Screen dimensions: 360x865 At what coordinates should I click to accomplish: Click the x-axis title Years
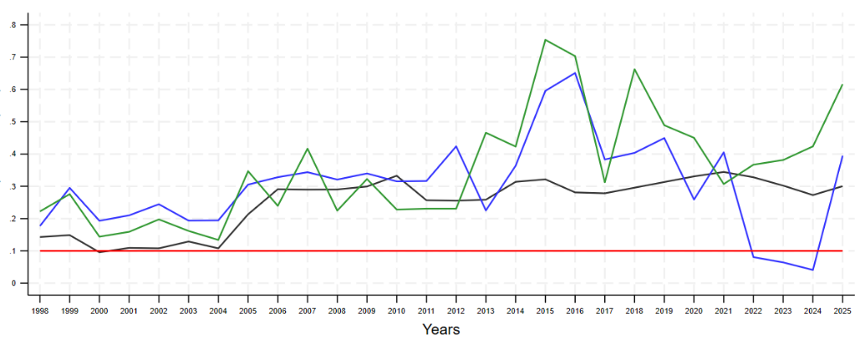coord(440,329)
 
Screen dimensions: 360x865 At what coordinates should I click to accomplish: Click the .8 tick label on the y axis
coord(13,25)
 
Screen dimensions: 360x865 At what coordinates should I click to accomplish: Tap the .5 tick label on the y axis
coord(13,122)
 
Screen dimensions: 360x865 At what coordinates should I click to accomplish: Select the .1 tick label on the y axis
coord(13,251)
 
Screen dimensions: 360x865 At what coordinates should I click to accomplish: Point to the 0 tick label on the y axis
coord(13,283)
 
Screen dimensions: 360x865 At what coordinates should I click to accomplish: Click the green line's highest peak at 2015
coord(545,40)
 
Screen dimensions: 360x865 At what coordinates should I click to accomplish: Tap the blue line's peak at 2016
coord(574,73)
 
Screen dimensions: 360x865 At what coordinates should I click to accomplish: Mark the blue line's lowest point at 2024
coord(812,270)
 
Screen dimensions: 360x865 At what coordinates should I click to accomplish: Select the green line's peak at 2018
coord(634,69)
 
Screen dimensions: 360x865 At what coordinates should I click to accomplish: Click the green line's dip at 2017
coord(604,182)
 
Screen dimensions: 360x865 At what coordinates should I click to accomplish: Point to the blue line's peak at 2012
coord(455,146)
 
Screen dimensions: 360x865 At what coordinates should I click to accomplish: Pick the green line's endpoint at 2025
coord(842,85)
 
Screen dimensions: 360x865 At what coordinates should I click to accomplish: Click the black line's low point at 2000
coord(99,251)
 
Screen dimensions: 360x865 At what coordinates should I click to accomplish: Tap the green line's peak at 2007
coord(308,149)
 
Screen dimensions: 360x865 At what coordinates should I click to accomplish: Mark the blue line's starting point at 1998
coord(40,226)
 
